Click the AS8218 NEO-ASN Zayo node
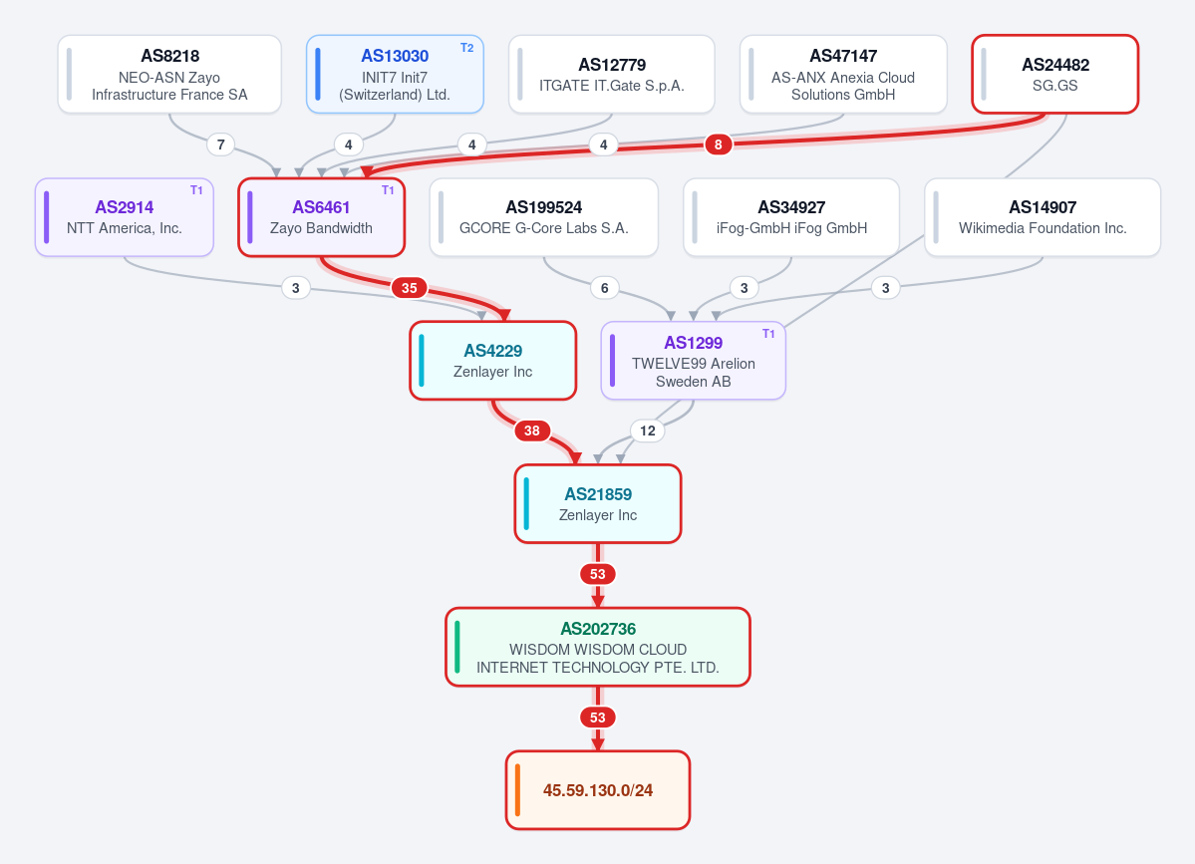pyautogui.click(x=169, y=74)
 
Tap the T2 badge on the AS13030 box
pyautogui.click(x=467, y=48)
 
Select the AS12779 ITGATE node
pyautogui.click(x=611, y=74)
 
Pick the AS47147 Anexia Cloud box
pyautogui.click(x=843, y=74)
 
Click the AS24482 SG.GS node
pyautogui.click(x=1054, y=74)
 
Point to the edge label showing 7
pyautogui.click(x=221, y=144)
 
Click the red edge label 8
pyautogui.click(x=718, y=144)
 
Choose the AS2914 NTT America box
pyautogui.click(x=125, y=217)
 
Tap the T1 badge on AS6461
pyautogui.click(x=388, y=190)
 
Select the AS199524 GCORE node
pyautogui.click(x=543, y=217)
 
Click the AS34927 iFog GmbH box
pyautogui.click(x=791, y=217)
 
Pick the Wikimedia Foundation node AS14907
pyautogui.click(x=1042, y=217)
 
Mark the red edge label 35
pyautogui.click(x=410, y=288)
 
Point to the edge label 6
pyautogui.click(x=604, y=288)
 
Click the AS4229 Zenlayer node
pyautogui.click(x=493, y=361)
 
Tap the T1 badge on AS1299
pyautogui.click(x=768, y=334)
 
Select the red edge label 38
pyautogui.click(x=532, y=431)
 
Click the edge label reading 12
pyautogui.click(x=648, y=431)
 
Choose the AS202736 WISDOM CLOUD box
pyautogui.click(x=598, y=647)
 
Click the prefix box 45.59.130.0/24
pyautogui.click(x=598, y=790)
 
